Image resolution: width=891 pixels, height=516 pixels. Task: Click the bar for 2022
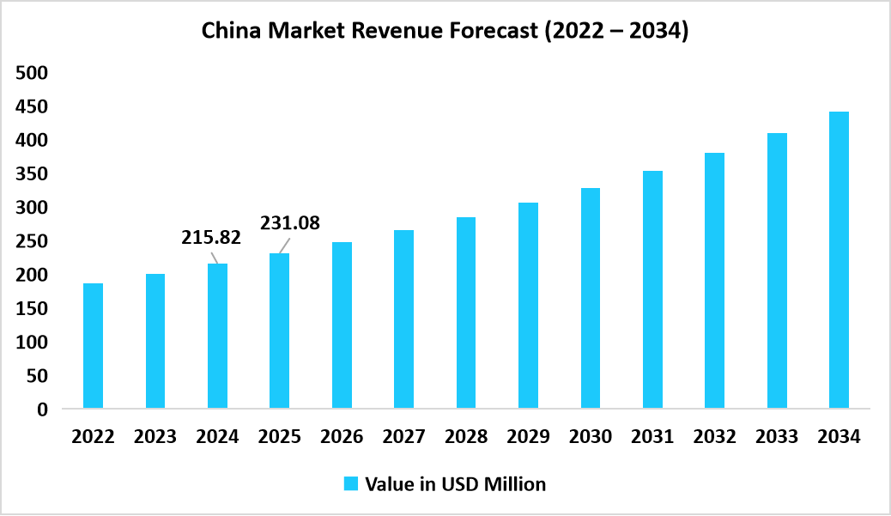pos(93,345)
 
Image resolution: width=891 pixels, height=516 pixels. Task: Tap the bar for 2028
pos(465,313)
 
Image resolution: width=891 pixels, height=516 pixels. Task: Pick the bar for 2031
pos(652,289)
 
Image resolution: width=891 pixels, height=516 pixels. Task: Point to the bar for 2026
pos(342,325)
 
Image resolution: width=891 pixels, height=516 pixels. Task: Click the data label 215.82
pos(211,238)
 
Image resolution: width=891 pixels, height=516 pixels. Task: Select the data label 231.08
pos(290,223)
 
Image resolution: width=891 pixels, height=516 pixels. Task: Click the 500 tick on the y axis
pos(31,73)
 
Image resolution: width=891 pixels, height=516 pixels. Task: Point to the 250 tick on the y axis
pos(31,241)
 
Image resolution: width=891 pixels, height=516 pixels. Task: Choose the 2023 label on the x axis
pos(155,437)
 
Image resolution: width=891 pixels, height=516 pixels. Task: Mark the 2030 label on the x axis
pos(591,437)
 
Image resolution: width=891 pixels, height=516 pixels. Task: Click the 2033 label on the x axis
pos(777,437)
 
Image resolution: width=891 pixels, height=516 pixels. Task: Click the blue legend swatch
pos(350,484)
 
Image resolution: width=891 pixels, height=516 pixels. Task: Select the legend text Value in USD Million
pos(455,484)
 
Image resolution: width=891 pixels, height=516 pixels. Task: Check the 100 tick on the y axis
pos(31,343)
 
